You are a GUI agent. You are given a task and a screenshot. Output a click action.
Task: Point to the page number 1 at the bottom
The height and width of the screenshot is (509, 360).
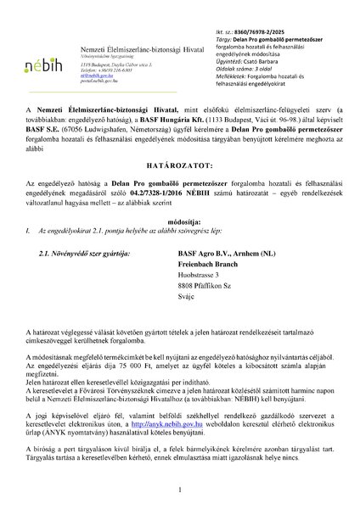click(x=180, y=489)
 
